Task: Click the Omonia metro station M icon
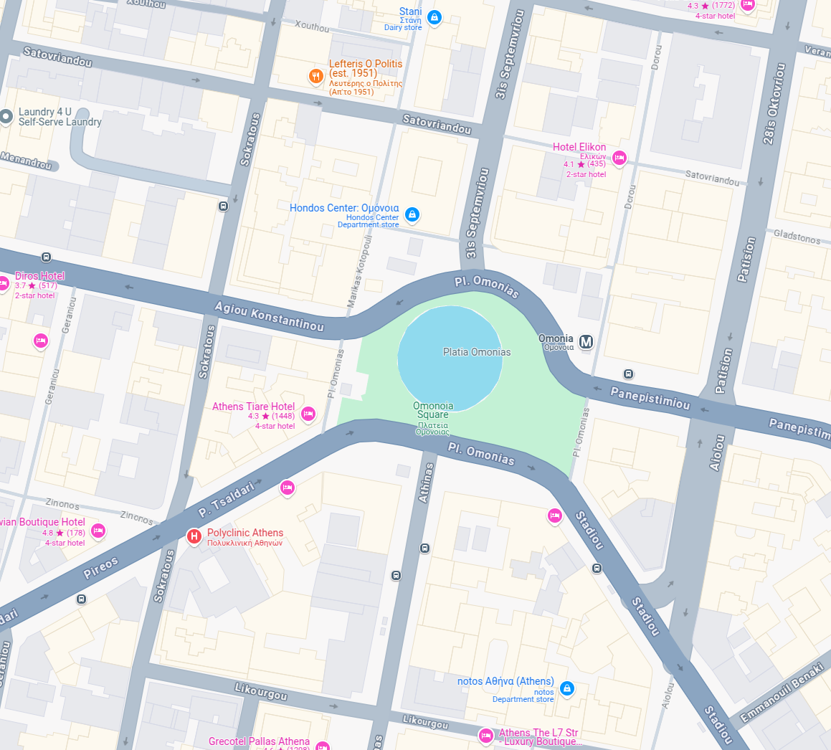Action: [587, 342]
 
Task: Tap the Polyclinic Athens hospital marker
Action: [194, 536]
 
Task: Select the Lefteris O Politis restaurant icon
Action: [315, 77]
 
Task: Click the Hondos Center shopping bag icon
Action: [412, 214]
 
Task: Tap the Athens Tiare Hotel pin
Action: [308, 414]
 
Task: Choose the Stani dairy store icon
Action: [434, 16]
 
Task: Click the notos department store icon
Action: [567, 689]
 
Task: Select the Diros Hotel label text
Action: [39, 276]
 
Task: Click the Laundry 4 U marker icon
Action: [6, 116]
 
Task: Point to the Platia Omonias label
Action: [477, 352]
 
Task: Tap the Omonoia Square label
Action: [433, 410]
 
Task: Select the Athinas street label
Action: [427, 483]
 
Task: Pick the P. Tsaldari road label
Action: [227, 499]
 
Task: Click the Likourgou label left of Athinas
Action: [261, 692]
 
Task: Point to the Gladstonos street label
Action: [797, 236]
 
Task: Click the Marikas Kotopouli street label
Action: [360, 273]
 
